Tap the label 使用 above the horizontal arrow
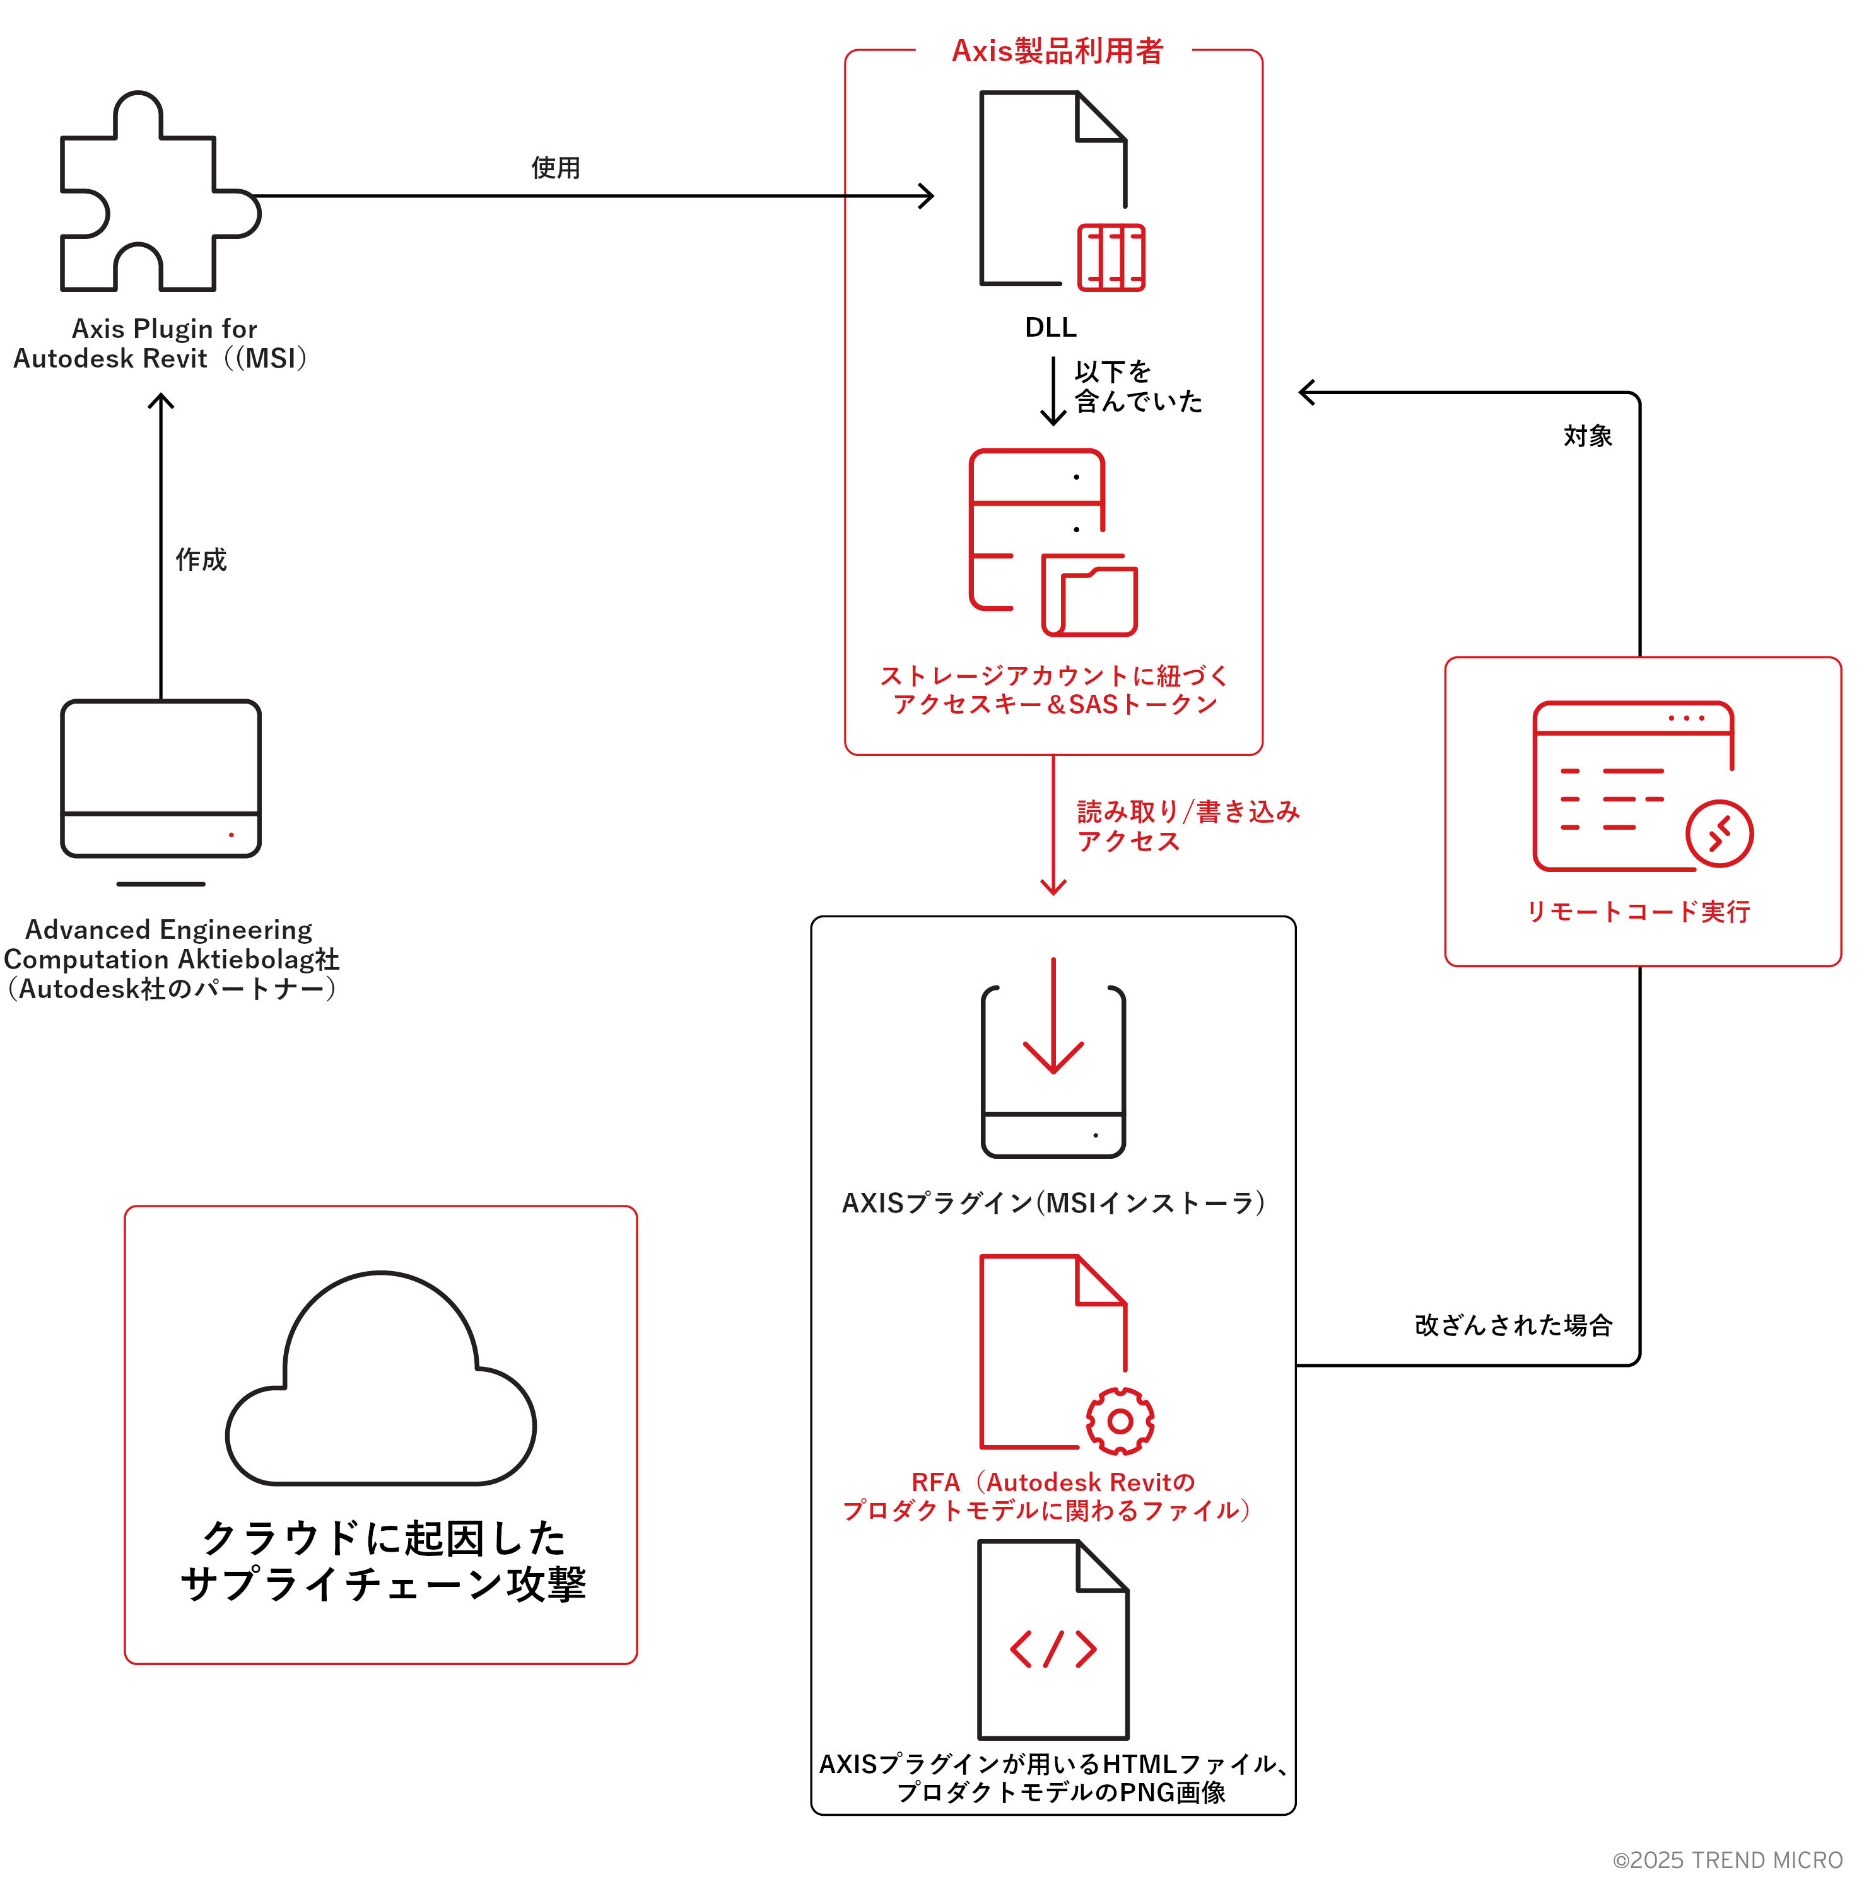coord(556,168)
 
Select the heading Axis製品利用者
coord(1057,50)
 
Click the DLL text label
coord(1050,327)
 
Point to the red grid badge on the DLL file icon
coord(1111,258)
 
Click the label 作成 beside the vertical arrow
coord(201,559)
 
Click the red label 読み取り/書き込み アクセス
coord(1187,826)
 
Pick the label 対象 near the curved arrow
coord(1588,436)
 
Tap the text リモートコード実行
coord(1638,912)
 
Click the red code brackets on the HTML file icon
coord(1053,1649)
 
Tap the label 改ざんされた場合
coord(1513,1325)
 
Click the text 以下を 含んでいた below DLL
coord(1137,386)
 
